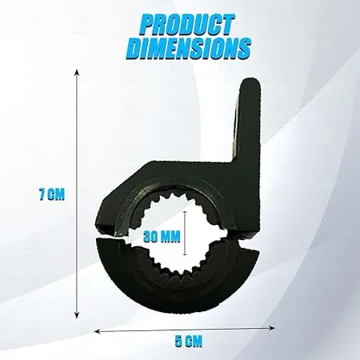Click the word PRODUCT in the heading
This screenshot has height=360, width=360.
[187, 26]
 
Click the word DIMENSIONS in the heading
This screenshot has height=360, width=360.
[189, 48]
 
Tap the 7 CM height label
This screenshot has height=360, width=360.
[52, 194]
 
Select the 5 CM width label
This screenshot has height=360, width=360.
[189, 342]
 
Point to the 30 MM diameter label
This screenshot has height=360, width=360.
[162, 237]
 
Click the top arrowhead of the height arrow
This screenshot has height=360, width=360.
[77, 72]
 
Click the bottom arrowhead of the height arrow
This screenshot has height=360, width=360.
[77, 315]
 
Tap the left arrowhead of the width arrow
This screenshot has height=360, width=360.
[98, 331]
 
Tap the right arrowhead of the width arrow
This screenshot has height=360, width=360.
[272, 328]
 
